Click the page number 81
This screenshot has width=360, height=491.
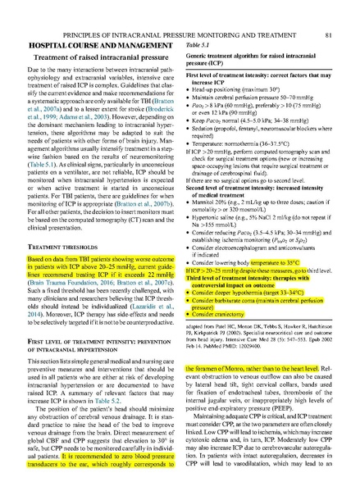pos(328,12)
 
